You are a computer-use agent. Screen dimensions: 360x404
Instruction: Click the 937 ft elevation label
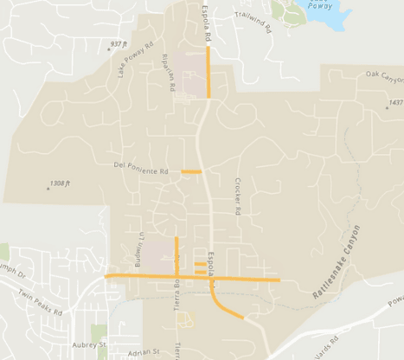[x=119, y=43]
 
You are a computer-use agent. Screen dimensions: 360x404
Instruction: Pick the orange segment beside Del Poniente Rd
[x=191, y=172]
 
